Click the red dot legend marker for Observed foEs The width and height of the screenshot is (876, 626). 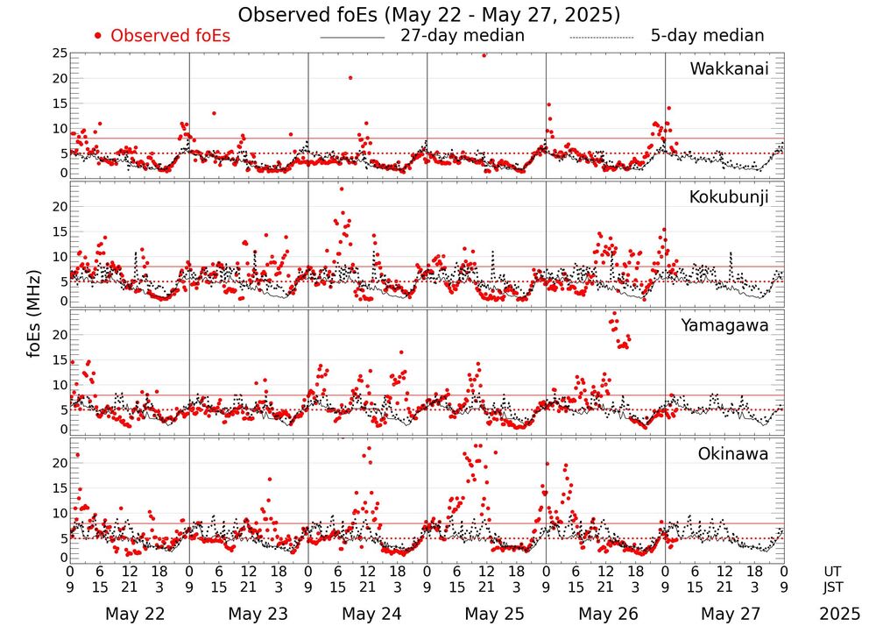[x=98, y=36]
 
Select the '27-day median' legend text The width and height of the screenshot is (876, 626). [x=463, y=36]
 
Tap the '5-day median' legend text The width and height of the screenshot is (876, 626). [x=707, y=36]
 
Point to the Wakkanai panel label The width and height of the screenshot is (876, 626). [x=729, y=68]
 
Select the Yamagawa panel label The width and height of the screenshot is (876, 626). [x=725, y=325]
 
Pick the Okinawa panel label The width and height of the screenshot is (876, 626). [x=733, y=454]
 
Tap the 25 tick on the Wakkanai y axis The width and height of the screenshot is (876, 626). [x=59, y=53]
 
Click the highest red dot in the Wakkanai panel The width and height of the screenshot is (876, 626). [x=484, y=54]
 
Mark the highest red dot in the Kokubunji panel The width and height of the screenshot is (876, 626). [x=342, y=189]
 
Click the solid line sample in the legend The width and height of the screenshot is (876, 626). [x=352, y=38]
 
